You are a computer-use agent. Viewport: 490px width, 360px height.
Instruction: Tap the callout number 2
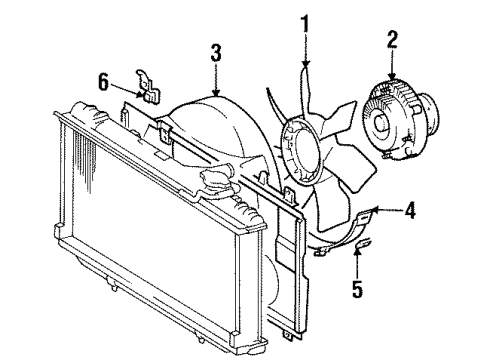pyautogui.click(x=392, y=39)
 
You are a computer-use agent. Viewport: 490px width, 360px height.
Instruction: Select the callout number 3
pyautogui.click(x=216, y=52)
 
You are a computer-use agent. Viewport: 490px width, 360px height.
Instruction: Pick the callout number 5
pyautogui.click(x=357, y=288)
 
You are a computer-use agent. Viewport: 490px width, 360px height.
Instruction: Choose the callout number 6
pyautogui.click(x=103, y=82)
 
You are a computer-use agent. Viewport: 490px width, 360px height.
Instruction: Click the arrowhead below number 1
pyautogui.click(x=306, y=64)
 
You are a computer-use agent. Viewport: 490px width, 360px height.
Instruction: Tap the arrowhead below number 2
pyautogui.click(x=392, y=76)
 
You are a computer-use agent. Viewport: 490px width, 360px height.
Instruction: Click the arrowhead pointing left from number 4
pyautogui.click(x=375, y=210)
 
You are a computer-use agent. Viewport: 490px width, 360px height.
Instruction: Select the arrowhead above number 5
pyautogui.click(x=357, y=252)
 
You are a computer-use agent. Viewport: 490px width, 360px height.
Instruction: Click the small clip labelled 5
pyautogui.click(x=362, y=242)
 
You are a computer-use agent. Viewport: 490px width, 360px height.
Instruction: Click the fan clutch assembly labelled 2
pyautogui.click(x=399, y=121)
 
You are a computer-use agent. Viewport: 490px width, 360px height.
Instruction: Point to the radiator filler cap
pyautogui.click(x=217, y=180)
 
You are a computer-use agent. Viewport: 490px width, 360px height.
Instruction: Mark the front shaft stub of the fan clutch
pyautogui.click(x=381, y=122)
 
